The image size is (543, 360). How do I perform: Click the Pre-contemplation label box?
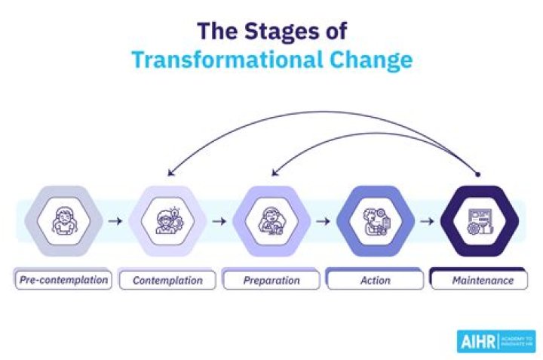[x=65, y=281]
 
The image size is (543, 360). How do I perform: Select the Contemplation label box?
[x=167, y=281]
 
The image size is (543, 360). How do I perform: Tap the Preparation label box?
[x=271, y=281]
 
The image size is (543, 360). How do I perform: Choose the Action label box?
[x=376, y=281]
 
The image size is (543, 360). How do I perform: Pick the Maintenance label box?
[x=483, y=281]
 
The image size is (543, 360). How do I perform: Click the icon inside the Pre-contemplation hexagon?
[x=63, y=222]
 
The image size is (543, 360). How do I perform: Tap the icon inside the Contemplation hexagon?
[x=167, y=222]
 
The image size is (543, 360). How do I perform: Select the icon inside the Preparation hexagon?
[x=271, y=222]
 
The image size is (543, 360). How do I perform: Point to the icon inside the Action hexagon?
[x=376, y=222]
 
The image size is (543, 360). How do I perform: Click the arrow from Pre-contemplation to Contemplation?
[x=115, y=222]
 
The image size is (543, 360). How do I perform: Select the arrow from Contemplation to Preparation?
[x=219, y=222]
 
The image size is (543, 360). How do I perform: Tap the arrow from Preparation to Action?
[x=324, y=222]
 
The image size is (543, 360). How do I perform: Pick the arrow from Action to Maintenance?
[x=428, y=222]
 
